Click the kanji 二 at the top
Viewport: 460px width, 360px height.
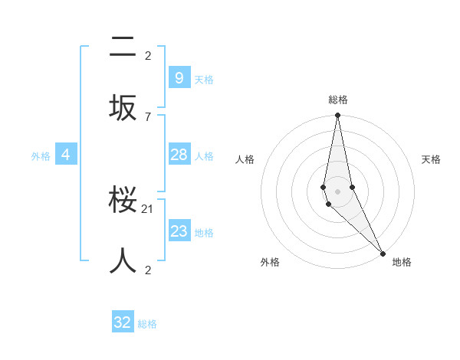123,47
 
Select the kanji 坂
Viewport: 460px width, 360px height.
123,106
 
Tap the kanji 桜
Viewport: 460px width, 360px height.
123,204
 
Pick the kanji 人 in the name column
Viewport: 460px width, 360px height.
123,260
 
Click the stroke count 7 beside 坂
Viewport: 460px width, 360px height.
148,116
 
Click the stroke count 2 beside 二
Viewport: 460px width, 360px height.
148,55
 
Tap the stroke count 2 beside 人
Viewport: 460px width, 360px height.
148,270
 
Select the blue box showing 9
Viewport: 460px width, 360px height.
179,78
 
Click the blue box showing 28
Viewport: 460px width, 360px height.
179,155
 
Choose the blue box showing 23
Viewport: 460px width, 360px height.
179,231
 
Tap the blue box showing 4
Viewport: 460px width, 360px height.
66,155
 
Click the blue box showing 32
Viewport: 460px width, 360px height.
123,322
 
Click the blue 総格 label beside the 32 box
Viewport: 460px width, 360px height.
147,324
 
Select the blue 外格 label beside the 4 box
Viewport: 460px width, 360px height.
41,156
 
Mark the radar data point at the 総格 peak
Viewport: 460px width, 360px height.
337,116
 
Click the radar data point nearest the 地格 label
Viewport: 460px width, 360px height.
383,252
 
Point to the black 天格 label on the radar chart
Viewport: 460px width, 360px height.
431,159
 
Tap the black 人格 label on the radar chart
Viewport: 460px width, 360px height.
245,159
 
